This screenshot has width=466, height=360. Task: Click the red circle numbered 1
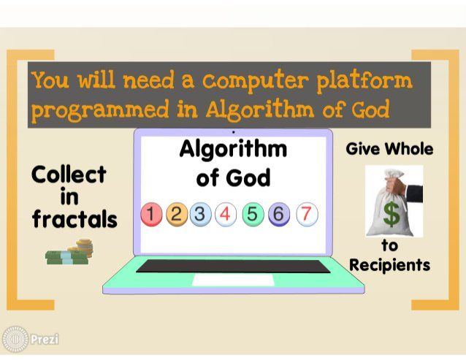[152, 214]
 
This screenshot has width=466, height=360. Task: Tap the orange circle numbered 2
[177, 214]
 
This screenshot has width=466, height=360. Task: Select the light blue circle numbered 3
[201, 214]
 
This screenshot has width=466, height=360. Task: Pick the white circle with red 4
[226, 214]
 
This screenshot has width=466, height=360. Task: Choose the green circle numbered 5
[253, 214]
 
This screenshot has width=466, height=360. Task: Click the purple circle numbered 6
[279, 214]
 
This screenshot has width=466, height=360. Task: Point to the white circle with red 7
[307, 214]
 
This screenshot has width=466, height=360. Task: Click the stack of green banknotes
[67, 257]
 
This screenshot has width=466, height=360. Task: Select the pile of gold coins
[83, 248]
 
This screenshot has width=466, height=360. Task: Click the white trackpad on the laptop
[233, 280]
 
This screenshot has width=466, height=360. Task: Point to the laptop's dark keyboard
[233, 266]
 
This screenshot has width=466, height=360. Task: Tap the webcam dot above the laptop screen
[234, 132]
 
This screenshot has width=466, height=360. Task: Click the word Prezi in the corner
[45, 339]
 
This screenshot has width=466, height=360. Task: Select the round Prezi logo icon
[15, 340]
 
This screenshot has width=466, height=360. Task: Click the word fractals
[75, 219]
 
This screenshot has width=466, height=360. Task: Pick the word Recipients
[389, 265]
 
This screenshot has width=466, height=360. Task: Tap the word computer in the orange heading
[254, 81]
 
